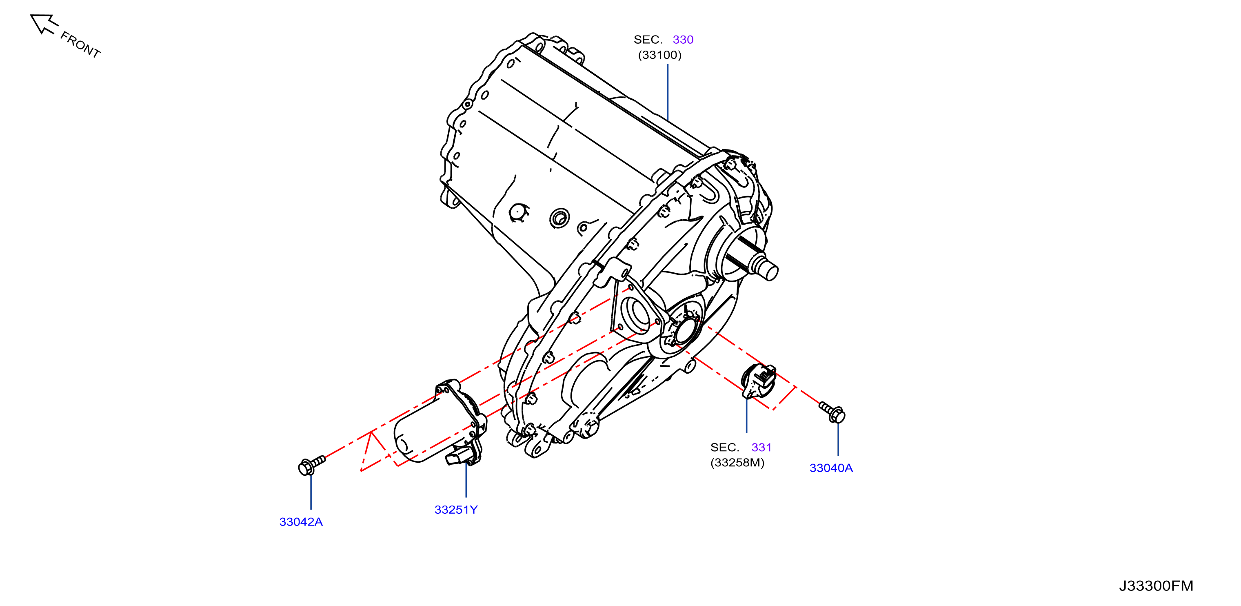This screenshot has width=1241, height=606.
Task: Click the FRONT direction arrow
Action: pyautogui.click(x=43, y=24)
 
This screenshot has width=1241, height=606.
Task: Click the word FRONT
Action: pyautogui.click(x=80, y=45)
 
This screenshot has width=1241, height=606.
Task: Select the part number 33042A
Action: pyautogui.click(x=301, y=521)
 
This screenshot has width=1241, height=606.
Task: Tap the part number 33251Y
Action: pyautogui.click(x=456, y=510)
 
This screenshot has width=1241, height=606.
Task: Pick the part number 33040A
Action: pyautogui.click(x=831, y=468)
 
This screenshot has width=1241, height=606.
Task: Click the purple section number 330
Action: pyautogui.click(x=683, y=40)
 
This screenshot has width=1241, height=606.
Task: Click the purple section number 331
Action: pyautogui.click(x=761, y=448)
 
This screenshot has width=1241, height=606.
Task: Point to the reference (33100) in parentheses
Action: pyautogui.click(x=660, y=55)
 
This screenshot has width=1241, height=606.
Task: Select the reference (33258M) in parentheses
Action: pyautogui.click(x=737, y=463)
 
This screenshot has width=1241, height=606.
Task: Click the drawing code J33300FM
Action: pyautogui.click(x=1156, y=586)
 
